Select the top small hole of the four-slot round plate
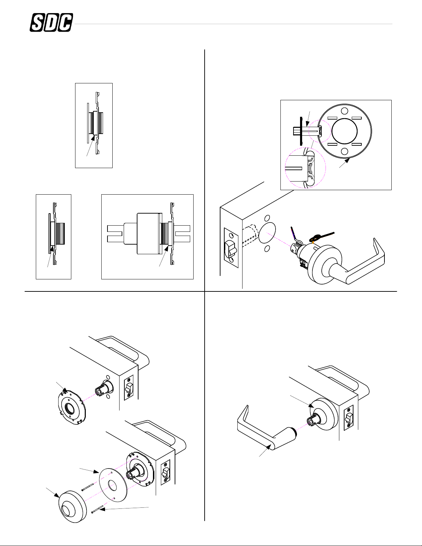(344, 111)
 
